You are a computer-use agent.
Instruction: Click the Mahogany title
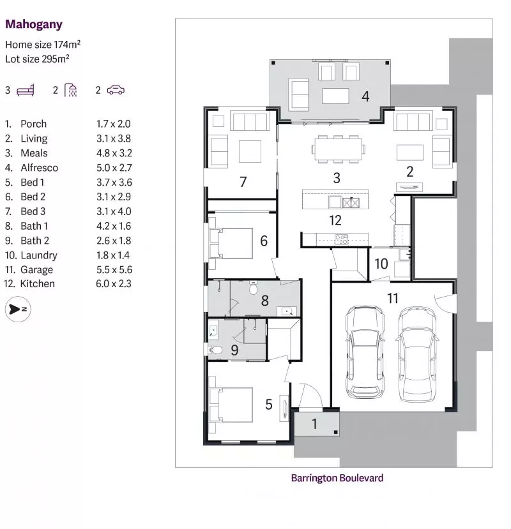tap(34, 25)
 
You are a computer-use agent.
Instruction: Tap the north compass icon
tap(17, 309)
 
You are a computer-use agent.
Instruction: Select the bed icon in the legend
tap(26, 90)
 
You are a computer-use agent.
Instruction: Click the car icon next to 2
tap(116, 90)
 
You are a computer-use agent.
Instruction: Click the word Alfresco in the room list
tap(39, 168)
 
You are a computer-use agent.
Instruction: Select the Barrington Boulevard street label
tap(337, 477)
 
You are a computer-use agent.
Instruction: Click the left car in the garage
tap(365, 353)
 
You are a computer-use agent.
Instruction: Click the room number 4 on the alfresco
tap(365, 96)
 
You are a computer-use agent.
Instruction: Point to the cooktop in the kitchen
tap(342, 240)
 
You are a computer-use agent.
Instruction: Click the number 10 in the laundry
tap(381, 264)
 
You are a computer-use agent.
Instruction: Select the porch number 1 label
tap(314, 424)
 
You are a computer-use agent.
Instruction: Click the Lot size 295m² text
tap(37, 58)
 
